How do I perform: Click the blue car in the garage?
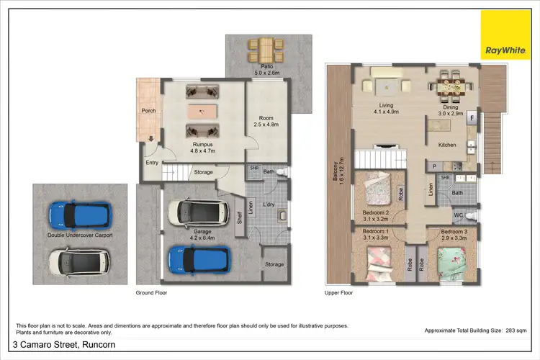tap(199, 258)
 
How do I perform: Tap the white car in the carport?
tap(78, 261)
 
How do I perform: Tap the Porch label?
tap(148, 111)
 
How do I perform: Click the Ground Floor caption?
tap(152, 293)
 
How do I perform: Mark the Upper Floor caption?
tap(339, 293)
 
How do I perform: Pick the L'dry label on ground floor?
tap(269, 205)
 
